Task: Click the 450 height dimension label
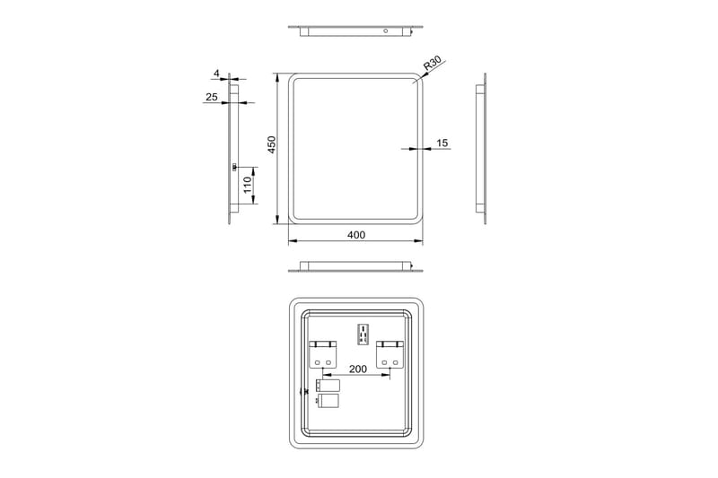(270, 146)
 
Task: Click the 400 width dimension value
(356, 235)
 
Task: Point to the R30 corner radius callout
(433, 65)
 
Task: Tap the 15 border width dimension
(442, 143)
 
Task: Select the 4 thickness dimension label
(216, 74)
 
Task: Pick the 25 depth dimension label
(212, 97)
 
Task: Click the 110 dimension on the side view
(247, 186)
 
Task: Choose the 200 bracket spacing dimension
(357, 369)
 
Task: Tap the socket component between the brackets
(364, 333)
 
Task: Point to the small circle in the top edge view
(385, 31)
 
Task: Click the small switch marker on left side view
(233, 167)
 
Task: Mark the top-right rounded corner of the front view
(416, 80)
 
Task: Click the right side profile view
(482, 149)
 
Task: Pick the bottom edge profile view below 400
(356, 266)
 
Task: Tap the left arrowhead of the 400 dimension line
(292, 242)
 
